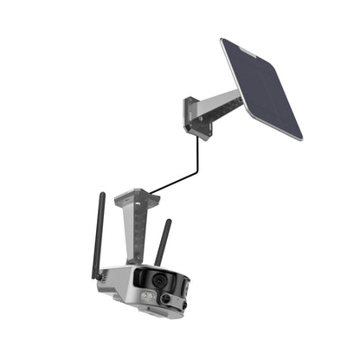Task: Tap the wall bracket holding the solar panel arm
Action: (197, 117)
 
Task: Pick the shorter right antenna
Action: (162, 243)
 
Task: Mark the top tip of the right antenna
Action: (168, 222)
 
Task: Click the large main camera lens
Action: (160, 282)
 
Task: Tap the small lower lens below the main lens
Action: (164, 299)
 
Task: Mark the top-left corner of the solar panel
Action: (222, 39)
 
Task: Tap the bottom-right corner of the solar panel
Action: (302, 138)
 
